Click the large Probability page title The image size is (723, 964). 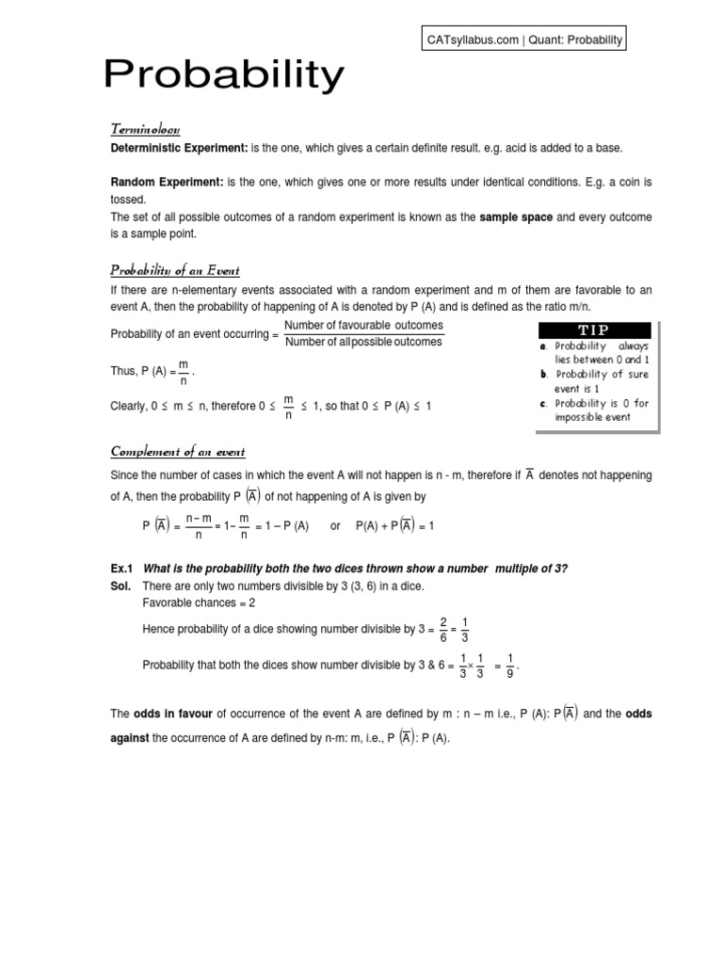[x=223, y=75]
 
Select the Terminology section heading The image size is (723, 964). [x=145, y=129]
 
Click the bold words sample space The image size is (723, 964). [x=516, y=217]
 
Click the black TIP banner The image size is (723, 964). [x=594, y=330]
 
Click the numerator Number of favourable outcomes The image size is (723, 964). [x=363, y=326]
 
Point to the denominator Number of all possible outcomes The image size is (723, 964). [x=363, y=342]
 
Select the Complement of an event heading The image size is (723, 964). [x=178, y=452]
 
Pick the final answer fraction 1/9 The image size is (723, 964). [x=509, y=666]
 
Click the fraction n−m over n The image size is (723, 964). [x=198, y=526]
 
